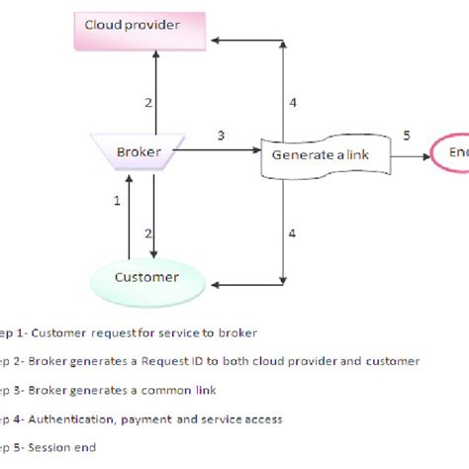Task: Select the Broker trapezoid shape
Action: (139, 151)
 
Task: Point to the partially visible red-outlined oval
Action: (449, 152)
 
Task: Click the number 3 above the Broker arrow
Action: (221, 136)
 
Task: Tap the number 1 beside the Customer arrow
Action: (117, 201)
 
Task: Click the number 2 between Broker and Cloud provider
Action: (148, 102)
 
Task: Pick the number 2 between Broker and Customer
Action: (149, 233)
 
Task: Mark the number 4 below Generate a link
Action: (291, 233)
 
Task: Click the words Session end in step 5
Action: (65, 447)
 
